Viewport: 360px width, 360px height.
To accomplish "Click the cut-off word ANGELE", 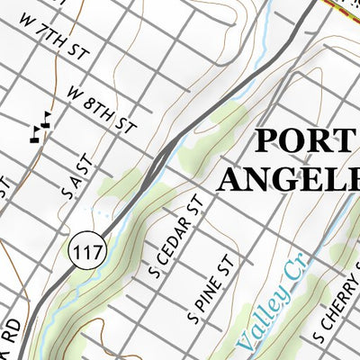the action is coord(288,179).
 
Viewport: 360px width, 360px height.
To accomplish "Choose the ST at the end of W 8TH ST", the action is coord(124,124).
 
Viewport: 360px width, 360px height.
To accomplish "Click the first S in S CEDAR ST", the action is coord(154,270).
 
